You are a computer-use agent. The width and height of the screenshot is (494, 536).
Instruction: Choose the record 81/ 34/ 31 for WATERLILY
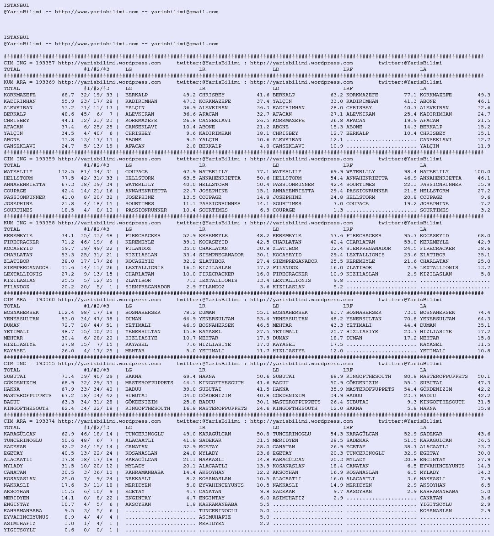point(96,172)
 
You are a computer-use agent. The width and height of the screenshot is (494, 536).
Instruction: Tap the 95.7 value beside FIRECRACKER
point(410,236)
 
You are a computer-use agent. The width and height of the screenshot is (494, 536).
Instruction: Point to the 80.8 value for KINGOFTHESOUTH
point(410,377)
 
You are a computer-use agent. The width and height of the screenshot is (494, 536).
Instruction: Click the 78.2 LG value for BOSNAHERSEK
point(189,313)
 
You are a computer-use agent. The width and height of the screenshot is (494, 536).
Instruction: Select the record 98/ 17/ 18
point(96,313)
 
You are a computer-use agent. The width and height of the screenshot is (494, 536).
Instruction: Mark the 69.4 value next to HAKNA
point(189,377)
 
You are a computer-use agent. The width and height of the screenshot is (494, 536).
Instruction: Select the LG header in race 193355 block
point(129,370)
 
